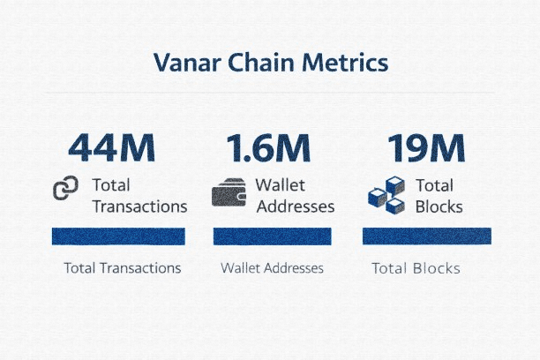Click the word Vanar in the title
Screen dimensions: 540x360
187,63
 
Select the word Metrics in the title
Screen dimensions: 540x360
345,63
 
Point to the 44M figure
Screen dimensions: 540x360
111,147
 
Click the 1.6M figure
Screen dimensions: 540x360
268,147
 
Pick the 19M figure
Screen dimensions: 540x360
426,147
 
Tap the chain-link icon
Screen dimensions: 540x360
65,188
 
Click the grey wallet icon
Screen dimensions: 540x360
229,192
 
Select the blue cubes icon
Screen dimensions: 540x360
386,195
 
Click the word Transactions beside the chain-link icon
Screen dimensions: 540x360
139,206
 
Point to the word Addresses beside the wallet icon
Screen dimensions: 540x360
296,206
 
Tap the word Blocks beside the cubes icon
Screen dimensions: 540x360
439,206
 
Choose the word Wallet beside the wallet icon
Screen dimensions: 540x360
281,185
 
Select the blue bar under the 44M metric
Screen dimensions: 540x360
118,236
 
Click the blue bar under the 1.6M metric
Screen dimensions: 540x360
273,236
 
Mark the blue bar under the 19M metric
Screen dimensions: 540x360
427,236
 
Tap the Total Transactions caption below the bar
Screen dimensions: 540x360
123,268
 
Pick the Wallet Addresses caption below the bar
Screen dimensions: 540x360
272,268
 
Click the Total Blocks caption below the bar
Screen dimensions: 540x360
416,268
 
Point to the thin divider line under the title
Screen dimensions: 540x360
270,93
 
